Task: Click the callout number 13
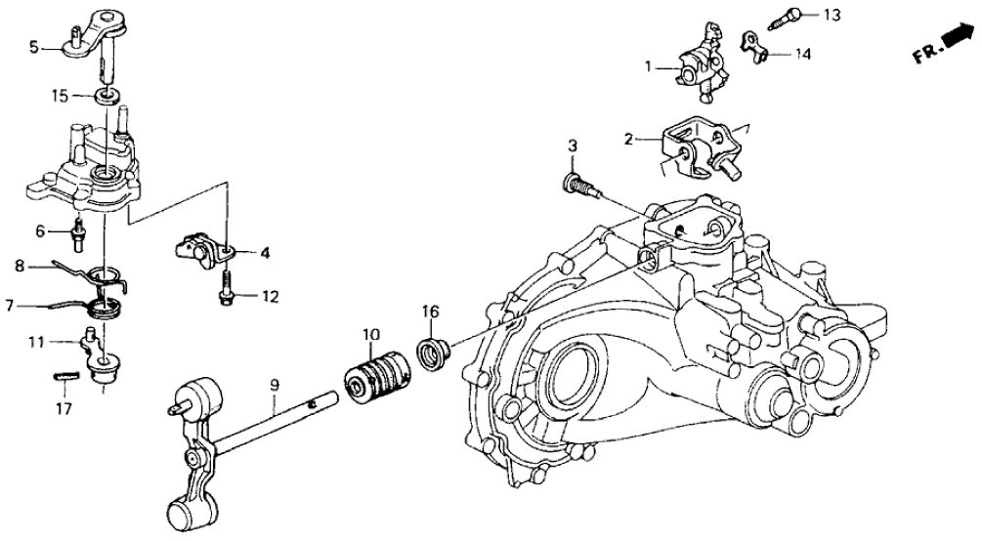tap(831, 15)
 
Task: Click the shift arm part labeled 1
tap(700, 70)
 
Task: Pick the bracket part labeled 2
tap(701, 149)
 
